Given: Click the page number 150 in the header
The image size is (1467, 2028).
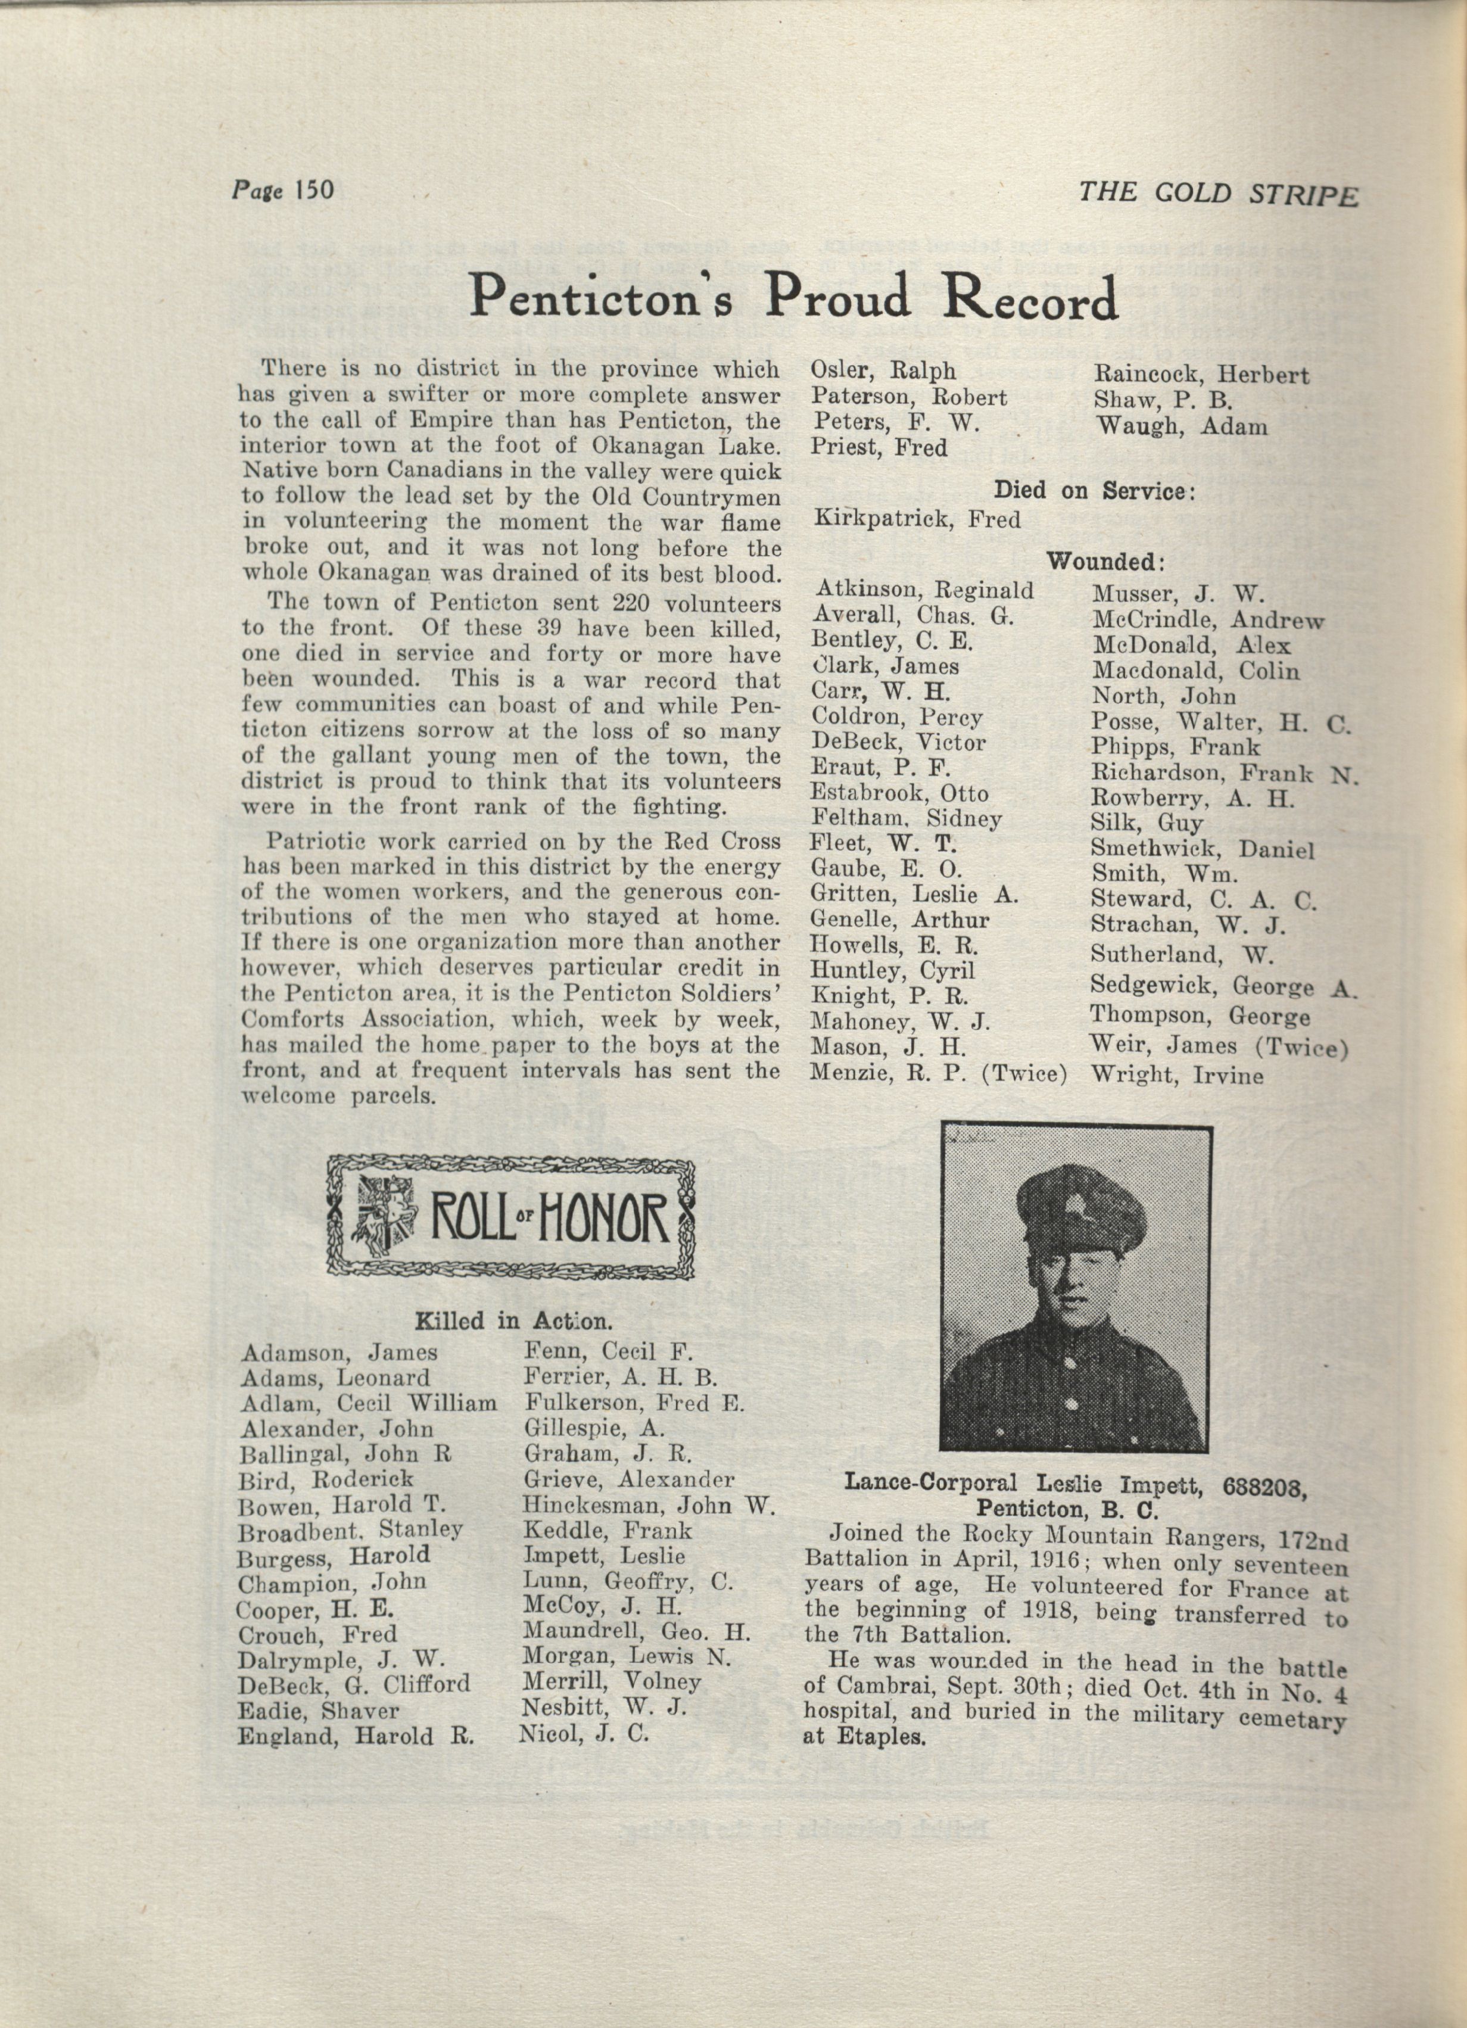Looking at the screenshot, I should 309,191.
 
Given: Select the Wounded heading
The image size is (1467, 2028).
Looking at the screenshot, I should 1105,562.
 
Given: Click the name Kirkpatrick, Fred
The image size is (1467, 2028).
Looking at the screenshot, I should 917,519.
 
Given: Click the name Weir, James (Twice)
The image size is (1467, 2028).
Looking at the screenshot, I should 1219,1046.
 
